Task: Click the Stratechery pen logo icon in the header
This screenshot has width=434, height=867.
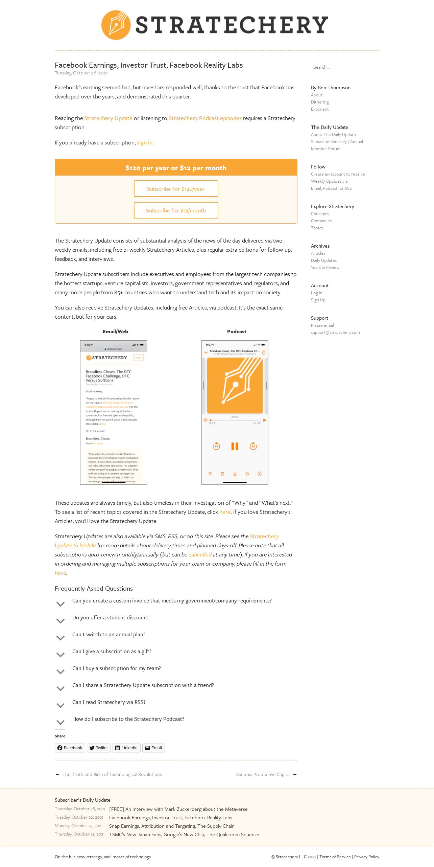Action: click(116, 25)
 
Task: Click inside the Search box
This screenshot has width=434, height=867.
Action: click(345, 67)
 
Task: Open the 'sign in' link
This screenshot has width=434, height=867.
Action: click(145, 143)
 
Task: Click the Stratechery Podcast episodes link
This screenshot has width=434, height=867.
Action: click(205, 118)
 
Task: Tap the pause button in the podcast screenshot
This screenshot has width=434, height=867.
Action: click(235, 446)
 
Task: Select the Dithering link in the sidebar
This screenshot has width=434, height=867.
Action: click(320, 102)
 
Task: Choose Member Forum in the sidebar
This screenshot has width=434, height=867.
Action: click(325, 149)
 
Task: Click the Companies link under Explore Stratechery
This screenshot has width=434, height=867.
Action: click(321, 221)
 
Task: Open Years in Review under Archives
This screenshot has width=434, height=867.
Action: click(325, 268)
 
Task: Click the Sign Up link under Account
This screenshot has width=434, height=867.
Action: click(318, 300)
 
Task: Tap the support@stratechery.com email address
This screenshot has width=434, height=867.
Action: click(335, 333)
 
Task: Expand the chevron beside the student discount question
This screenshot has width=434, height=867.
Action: click(61, 621)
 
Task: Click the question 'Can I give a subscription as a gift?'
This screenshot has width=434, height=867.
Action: click(112, 652)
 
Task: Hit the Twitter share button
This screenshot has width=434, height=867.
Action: click(99, 748)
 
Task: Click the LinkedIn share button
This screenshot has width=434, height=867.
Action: click(126, 748)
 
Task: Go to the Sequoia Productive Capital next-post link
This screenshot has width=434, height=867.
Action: click(263, 775)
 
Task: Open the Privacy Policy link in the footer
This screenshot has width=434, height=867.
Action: click(366, 857)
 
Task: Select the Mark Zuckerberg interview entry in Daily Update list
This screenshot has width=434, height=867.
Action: click(178, 809)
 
